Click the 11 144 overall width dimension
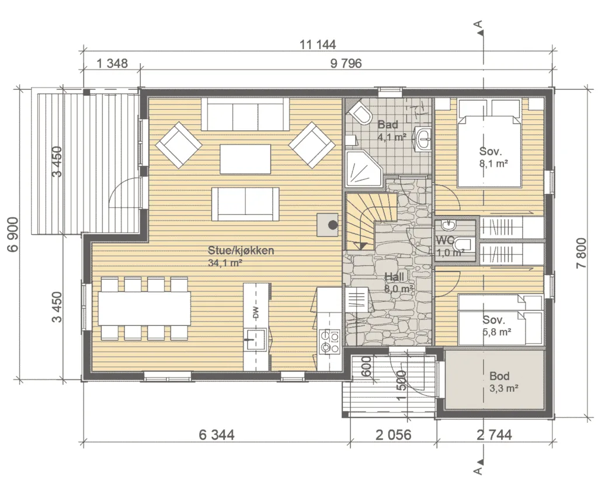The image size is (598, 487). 318,44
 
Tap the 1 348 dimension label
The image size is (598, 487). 112,63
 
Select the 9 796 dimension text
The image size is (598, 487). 346,63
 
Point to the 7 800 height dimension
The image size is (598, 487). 581,253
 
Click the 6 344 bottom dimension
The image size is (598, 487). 217,435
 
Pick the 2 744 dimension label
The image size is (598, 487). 494,435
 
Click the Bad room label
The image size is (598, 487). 388,124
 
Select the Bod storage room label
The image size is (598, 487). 499,376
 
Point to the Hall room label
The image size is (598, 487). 394,277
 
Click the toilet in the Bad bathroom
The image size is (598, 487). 359,112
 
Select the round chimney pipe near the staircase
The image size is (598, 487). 333,225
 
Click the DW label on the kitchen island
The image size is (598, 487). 256,313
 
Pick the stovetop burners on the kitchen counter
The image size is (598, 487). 329,342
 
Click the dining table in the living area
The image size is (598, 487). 145,308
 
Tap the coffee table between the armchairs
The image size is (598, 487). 245,158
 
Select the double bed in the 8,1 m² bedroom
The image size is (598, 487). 489,143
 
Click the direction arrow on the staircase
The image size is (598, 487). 360,246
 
